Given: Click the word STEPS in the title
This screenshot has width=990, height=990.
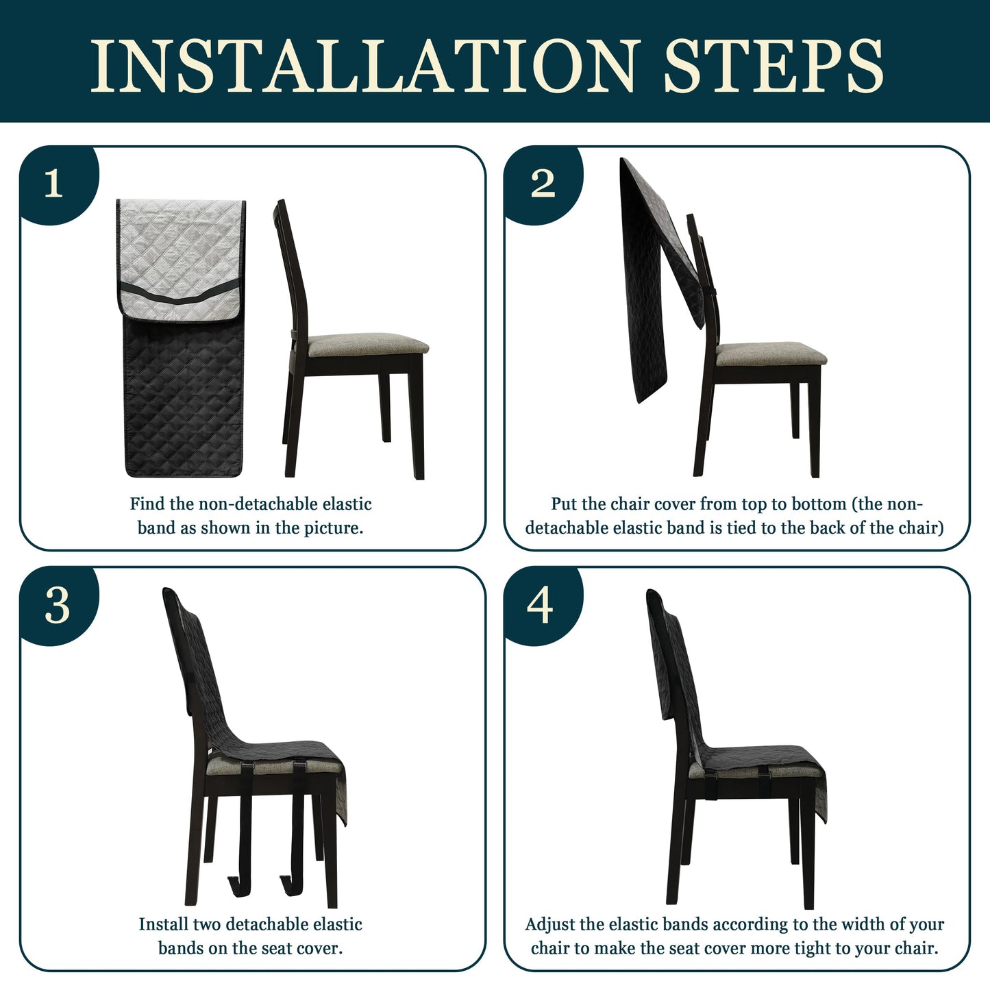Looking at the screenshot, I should pos(773,66).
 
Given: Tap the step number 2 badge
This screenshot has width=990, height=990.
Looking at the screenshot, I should pos(543,184).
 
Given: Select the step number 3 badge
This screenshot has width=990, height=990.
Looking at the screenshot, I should pos(58,606).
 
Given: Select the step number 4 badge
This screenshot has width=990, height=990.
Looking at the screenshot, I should pos(540,606).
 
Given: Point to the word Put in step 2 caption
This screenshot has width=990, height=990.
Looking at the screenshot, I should pos(564,504).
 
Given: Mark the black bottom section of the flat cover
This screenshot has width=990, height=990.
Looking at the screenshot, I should pos(182,397).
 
